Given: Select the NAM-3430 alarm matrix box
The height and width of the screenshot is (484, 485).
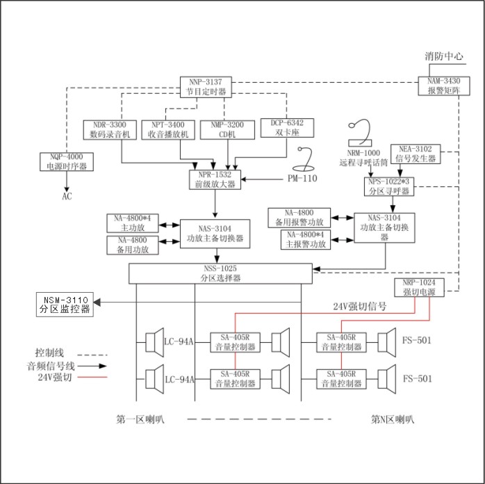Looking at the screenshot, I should coord(439,86).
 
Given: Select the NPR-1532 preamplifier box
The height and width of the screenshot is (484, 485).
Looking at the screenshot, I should coord(213,179).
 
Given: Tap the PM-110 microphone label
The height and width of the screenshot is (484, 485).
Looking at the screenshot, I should coord(303,178).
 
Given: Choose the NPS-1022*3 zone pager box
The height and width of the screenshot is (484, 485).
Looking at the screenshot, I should coord(390,185).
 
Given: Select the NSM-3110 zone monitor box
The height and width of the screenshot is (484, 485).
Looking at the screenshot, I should coord(65,305).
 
